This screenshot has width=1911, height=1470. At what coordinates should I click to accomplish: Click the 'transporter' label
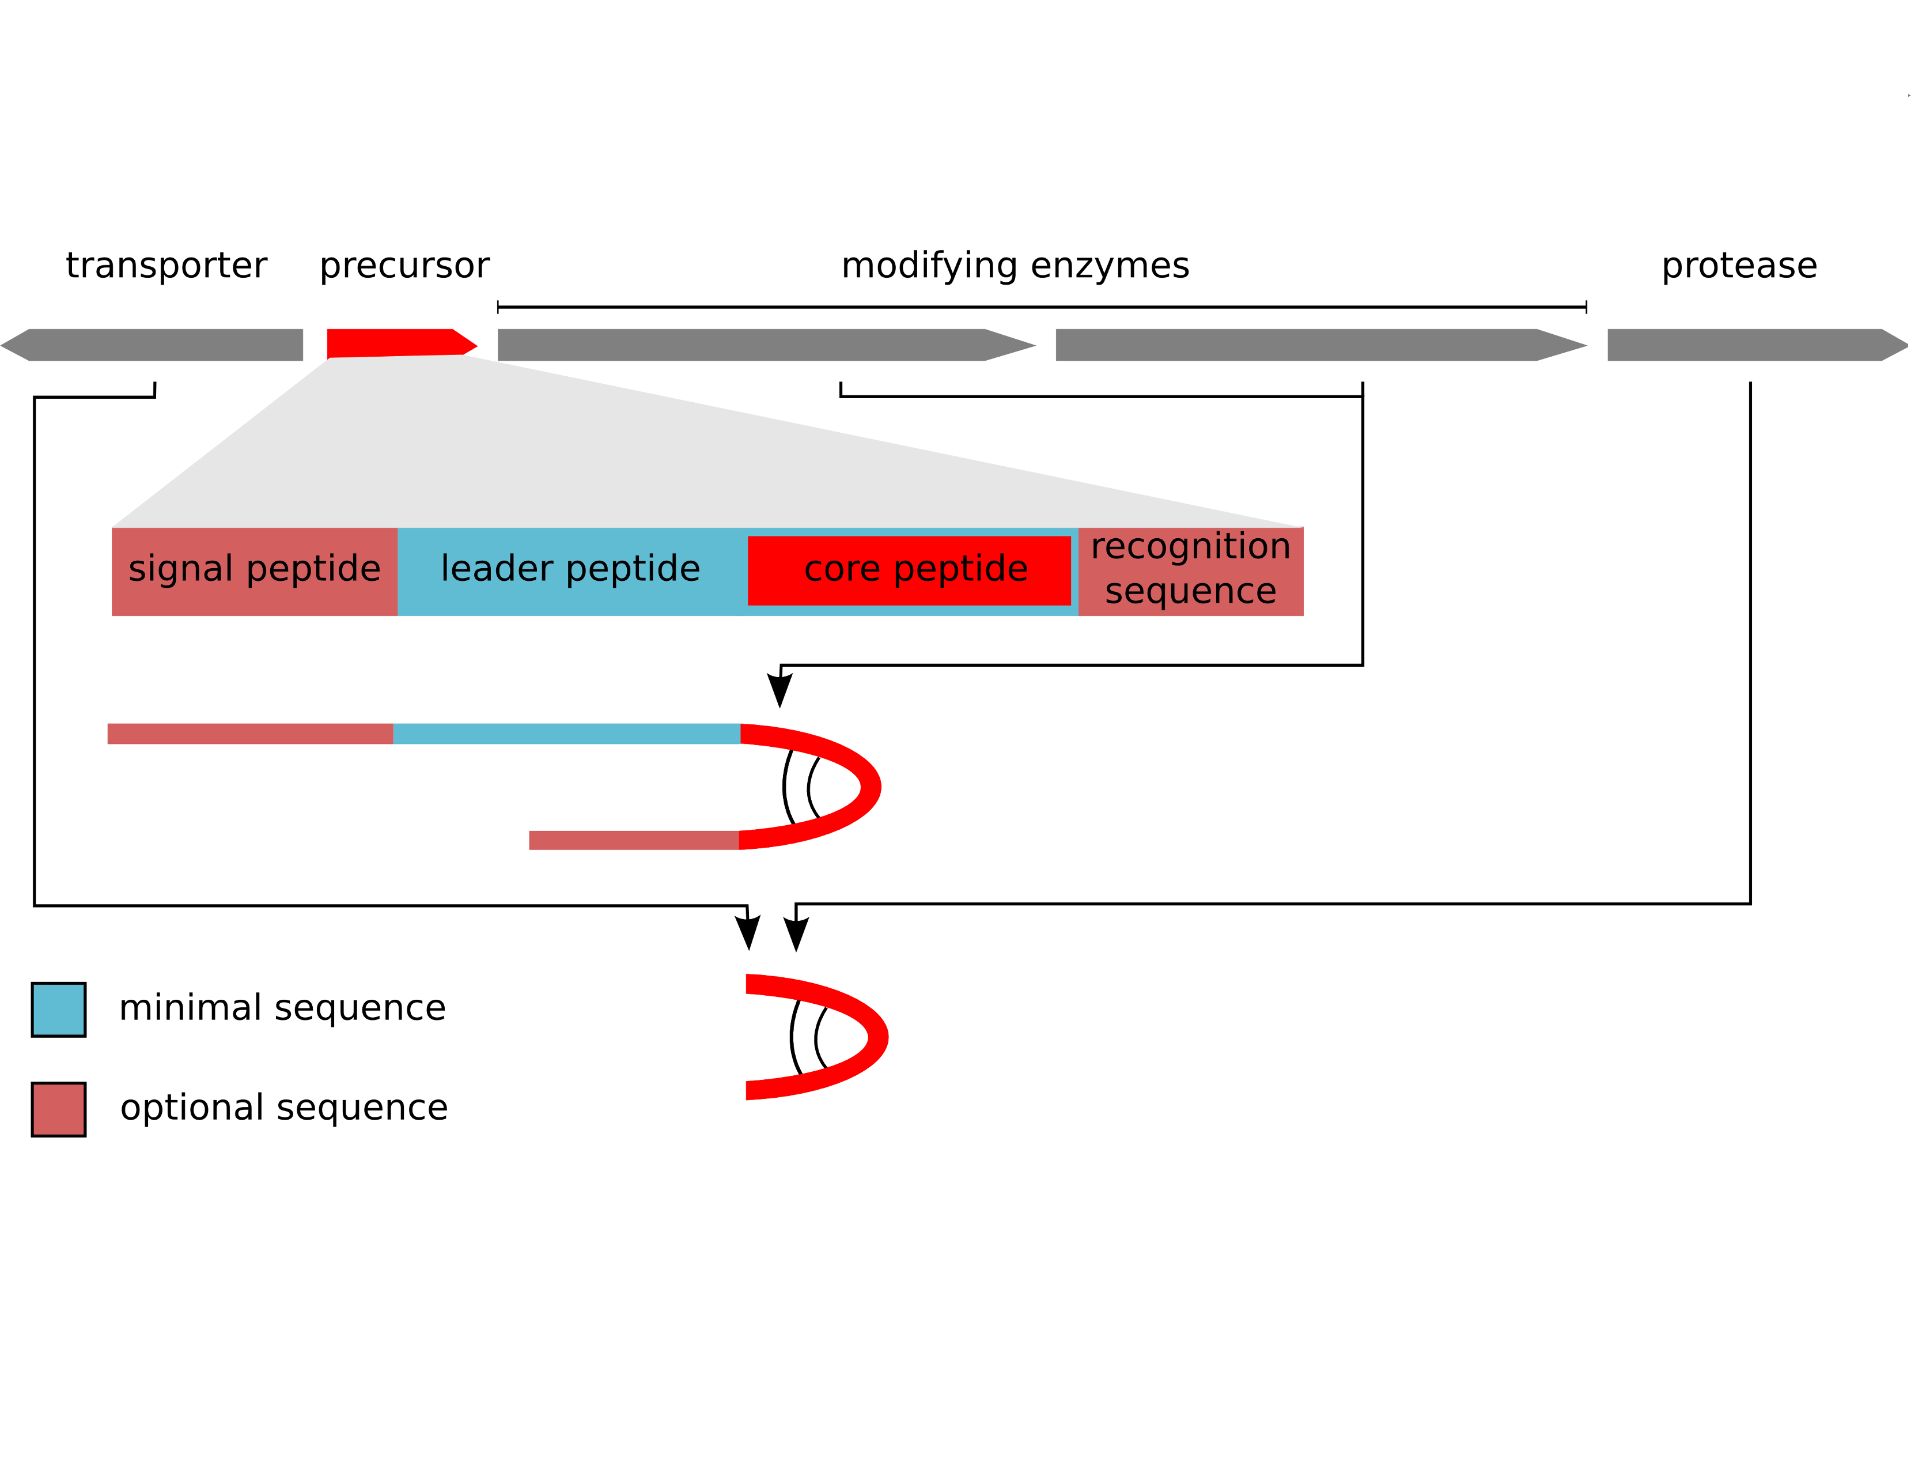tap(166, 265)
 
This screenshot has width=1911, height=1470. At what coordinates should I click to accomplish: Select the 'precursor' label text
tap(404, 265)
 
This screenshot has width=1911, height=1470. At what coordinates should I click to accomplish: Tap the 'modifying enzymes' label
tap(1015, 265)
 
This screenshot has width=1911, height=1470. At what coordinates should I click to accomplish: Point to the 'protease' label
tap(1739, 265)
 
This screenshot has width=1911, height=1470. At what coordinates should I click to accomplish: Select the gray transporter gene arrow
tap(157, 345)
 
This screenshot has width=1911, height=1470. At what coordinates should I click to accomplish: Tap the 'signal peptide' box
tap(255, 572)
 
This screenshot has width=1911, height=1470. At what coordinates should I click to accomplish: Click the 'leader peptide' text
tap(570, 569)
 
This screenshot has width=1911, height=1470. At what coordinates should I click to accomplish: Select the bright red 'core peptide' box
tap(910, 570)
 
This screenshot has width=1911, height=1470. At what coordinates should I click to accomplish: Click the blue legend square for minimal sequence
tap(59, 1009)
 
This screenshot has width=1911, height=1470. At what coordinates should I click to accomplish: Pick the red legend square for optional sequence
tap(59, 1109)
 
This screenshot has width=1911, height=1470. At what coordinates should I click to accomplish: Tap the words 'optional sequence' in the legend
tap(284, 1108)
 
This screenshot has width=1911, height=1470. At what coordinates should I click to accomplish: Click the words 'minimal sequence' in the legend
tap(282, 1008)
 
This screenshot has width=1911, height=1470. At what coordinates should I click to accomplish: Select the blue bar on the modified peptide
tap(567, 733)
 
